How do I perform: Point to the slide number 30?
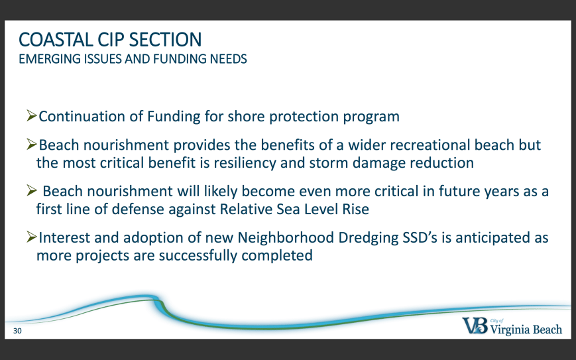17,331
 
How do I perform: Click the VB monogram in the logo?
475,326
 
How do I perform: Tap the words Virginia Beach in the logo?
526,329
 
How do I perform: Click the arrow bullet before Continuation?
32,115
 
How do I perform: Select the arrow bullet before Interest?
32,237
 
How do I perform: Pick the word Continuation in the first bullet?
82,117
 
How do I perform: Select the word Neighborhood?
286,237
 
